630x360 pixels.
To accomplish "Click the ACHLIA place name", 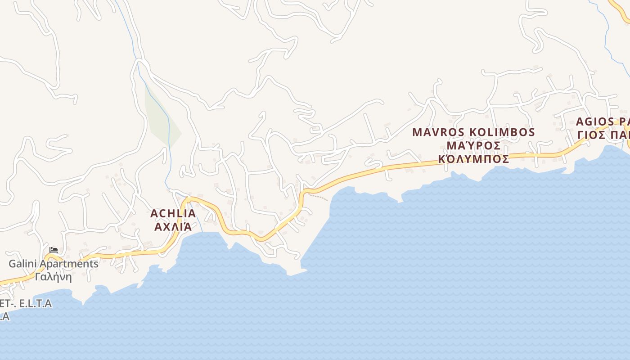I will pyautogui.click(x=173, y=213).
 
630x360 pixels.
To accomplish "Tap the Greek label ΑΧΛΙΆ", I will pyautogui.click(x=173, y=226).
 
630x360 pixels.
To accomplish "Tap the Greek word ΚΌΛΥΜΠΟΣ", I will pyautogui.click(x=473, y=159).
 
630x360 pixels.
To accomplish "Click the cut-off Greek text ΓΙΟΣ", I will pyautogui.click(x=591, y=135).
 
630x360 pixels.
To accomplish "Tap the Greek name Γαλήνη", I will pyautogui.click(x=53, y=277).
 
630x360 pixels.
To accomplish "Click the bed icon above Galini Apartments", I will pyautogui.click(x=54, y=250).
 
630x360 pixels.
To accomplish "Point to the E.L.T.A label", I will pyautogui.click(x=36, y=304).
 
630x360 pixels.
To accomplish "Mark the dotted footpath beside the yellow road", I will pyautogui.click(x=319, y=197).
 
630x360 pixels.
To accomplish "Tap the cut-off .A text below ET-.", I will pyautogui.click(x=4, y=317).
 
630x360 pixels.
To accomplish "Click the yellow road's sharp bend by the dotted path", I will pyautogui.click(x=302, y=194).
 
